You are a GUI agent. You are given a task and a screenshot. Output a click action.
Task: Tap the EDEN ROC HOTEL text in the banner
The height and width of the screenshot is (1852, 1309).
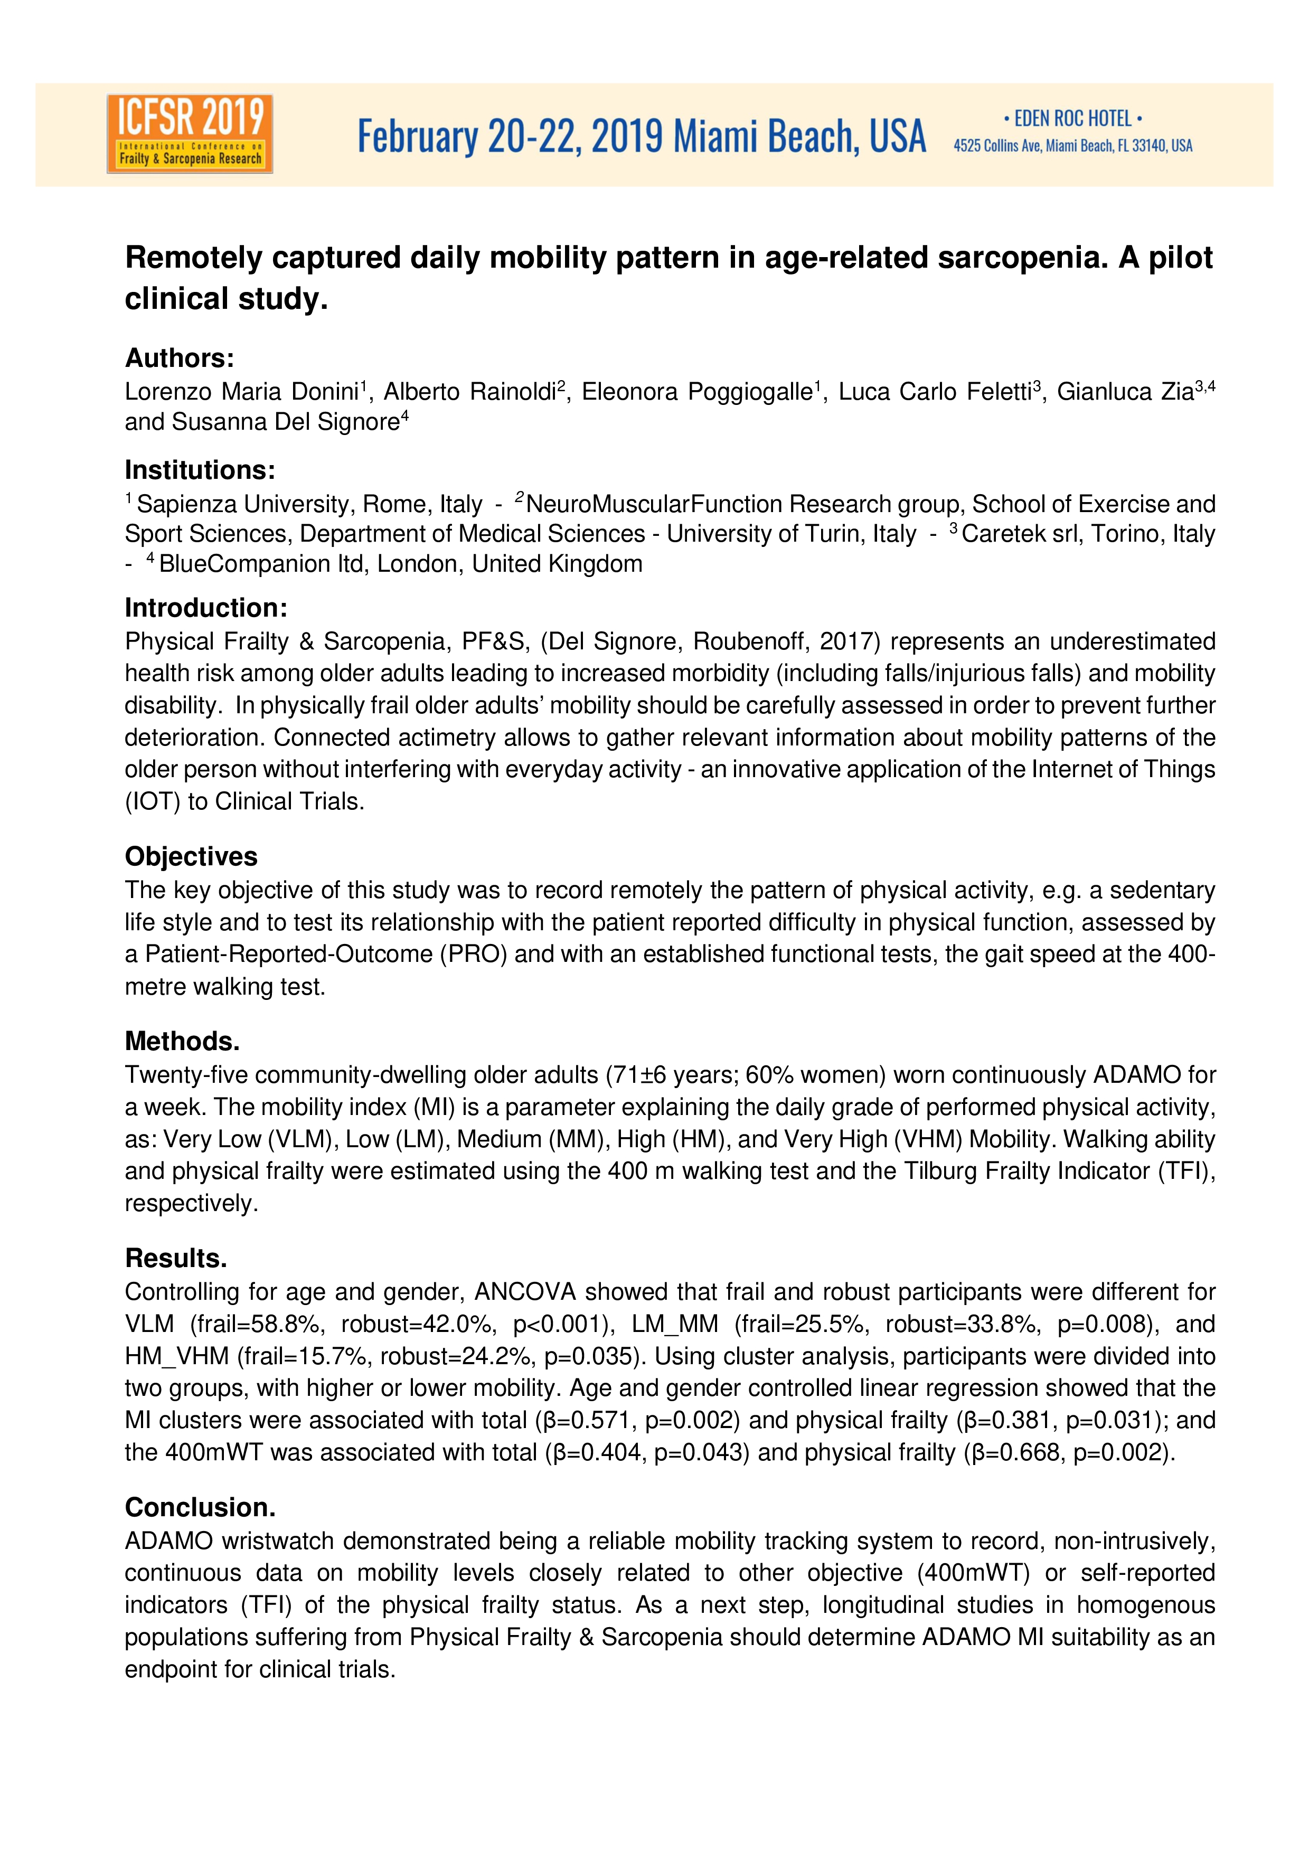(1072, 119)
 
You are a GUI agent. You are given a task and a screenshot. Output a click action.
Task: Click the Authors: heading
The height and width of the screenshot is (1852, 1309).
(179, 357)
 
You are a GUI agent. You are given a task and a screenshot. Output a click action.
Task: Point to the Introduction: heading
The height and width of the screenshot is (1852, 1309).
(205, 607)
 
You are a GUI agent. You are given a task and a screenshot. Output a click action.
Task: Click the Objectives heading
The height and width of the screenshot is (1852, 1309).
(191, 856)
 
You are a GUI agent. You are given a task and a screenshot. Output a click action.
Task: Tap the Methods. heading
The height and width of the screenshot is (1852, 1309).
(182, 1041)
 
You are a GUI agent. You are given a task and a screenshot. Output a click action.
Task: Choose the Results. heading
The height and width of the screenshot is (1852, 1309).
(176, 1258)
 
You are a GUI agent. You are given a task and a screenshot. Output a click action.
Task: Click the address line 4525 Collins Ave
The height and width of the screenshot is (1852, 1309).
(1072, 146)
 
